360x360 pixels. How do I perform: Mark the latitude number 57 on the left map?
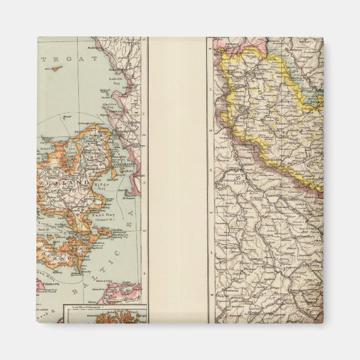pos(145,40)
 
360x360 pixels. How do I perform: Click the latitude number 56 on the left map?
pos(145,134)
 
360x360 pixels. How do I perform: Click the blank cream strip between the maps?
pos(177,179)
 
